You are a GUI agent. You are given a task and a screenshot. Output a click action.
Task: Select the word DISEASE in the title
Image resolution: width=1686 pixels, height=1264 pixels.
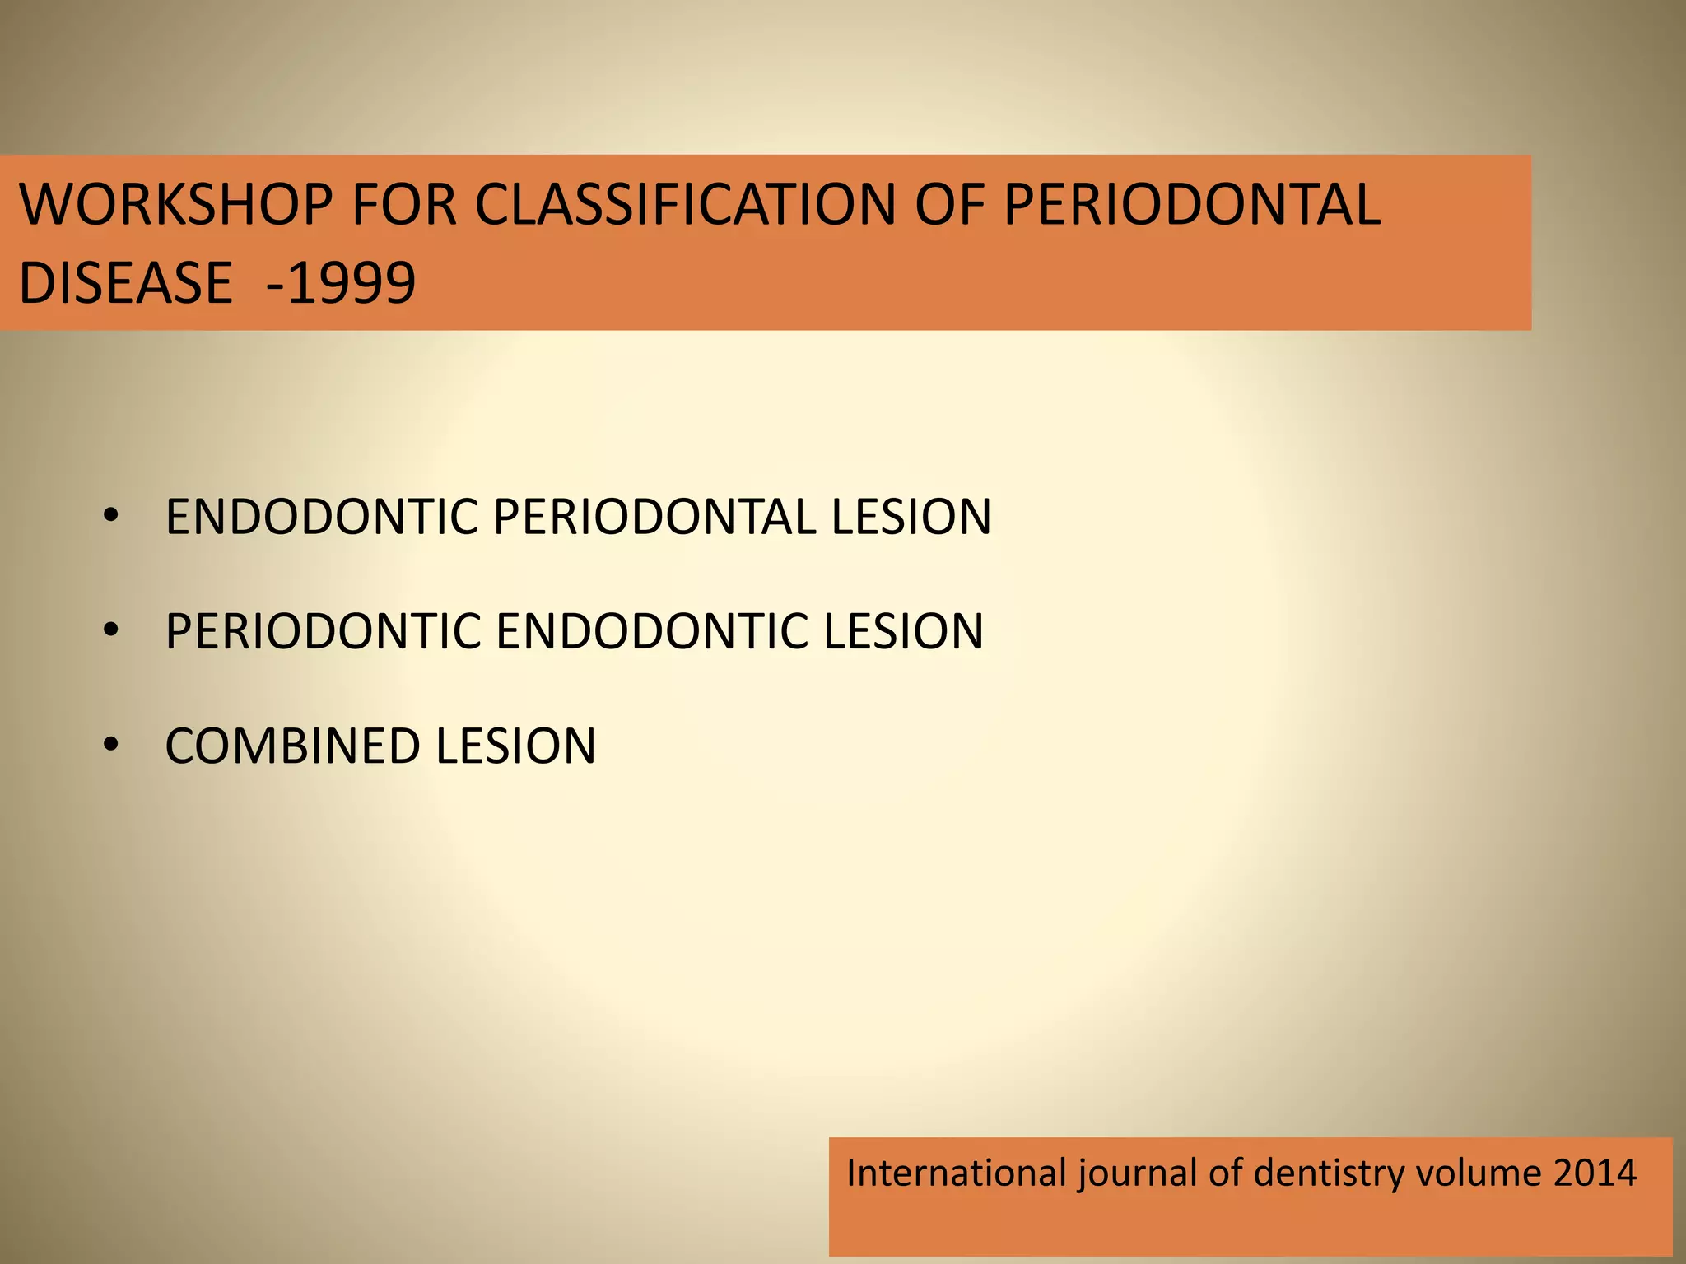(126, 282)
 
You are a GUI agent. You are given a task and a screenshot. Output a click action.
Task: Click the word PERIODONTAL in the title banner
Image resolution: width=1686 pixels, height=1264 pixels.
(1191, 204)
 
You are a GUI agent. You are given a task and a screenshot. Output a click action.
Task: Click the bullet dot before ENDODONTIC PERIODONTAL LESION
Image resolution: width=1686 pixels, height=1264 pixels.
(111, 517)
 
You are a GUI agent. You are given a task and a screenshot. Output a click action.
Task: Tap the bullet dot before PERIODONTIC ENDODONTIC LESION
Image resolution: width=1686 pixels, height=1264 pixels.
(111, 631)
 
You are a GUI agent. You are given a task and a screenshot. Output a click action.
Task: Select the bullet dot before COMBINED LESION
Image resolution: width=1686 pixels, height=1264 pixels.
(111, 745)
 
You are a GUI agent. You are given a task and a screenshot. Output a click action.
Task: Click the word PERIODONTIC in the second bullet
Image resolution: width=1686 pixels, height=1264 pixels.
(322, 631)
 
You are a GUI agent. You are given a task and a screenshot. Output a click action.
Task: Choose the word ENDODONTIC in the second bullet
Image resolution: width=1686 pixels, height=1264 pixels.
(651, 631)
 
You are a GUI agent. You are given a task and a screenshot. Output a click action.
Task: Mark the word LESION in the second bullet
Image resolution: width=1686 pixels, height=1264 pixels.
(903, 631)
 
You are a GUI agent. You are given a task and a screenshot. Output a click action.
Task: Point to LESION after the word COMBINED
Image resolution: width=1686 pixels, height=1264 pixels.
(515, 746)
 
